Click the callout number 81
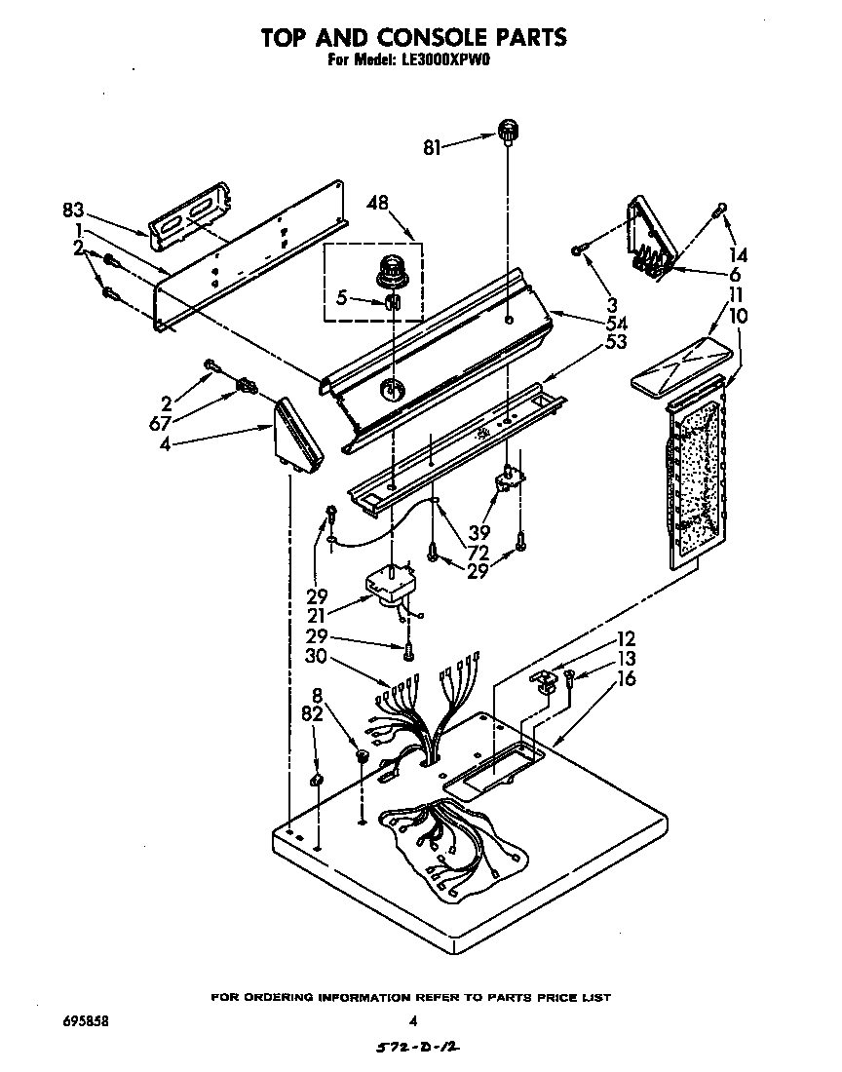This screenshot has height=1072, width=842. pyautogui.click(x=433, y=147)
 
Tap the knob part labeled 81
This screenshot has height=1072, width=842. pyautogui.click(x=507, y=130)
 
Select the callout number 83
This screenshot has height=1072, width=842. pyautogui.click(x=74, y=210)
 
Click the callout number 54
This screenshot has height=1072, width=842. pyautogui.click(x=615, y=324)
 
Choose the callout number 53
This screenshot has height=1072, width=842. pyautogui.click(x=615, y=342)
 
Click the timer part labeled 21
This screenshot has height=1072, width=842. pyautogui.click(x=391, y=586)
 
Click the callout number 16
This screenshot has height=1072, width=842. pyautogui.click(x=626, y=678)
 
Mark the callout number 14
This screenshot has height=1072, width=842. pyautogui.click(x=739, y=255)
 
